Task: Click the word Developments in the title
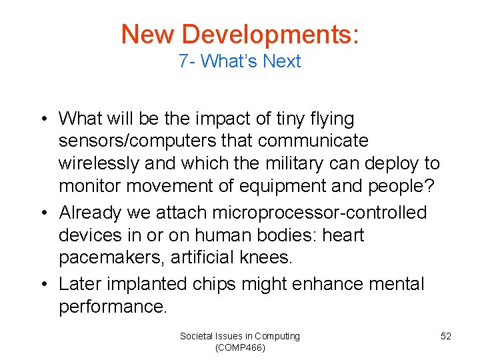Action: coord(271,34)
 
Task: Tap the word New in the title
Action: coord(147,34)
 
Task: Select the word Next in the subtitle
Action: coord(282,61)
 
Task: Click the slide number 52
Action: coord(446,336)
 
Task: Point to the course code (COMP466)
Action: coord(240,348)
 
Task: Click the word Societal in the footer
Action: coord(197,336)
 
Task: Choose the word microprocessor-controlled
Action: coord(319,213)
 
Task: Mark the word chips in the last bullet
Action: coord(213,284)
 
